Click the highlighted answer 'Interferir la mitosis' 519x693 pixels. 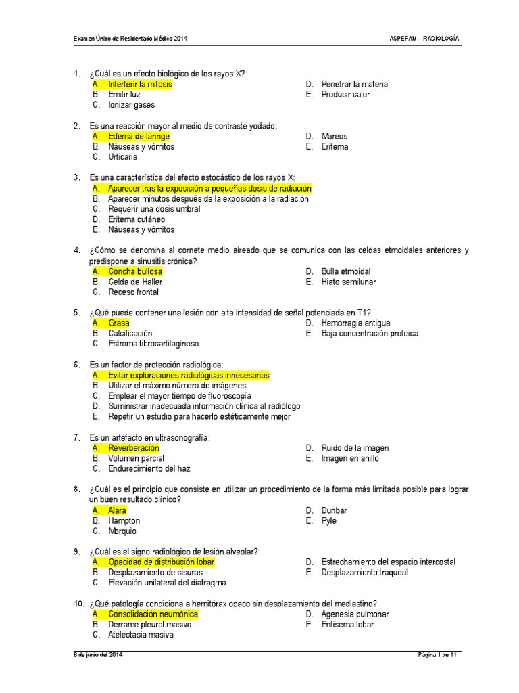tap(140, 84)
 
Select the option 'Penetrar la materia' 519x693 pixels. tap(354, 84)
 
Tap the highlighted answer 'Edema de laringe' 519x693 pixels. tap(139, 136)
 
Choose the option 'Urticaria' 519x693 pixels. tap(122, 157)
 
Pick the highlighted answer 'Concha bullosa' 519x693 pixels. tap(135, 271)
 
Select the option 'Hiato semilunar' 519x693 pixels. tap(348, 282)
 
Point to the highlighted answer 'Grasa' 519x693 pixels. tap(118, 323)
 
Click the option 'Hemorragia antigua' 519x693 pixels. tap(355, 323)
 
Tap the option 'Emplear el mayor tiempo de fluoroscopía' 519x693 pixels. tap(179, 395)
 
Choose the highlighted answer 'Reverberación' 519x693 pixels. tap(134, 448)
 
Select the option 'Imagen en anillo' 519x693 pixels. tap(350, 458)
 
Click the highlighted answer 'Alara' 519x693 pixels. tap(117, 510)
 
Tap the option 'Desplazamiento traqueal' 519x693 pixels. tap(365, 573)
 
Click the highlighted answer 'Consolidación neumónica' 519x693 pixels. tap(153, 614)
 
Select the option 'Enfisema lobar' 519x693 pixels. tap(347, 625)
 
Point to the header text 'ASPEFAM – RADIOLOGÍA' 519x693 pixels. tap(424, 39)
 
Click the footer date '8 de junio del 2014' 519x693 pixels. tap(98, 655)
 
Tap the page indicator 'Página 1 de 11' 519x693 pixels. tap(437, 655)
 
